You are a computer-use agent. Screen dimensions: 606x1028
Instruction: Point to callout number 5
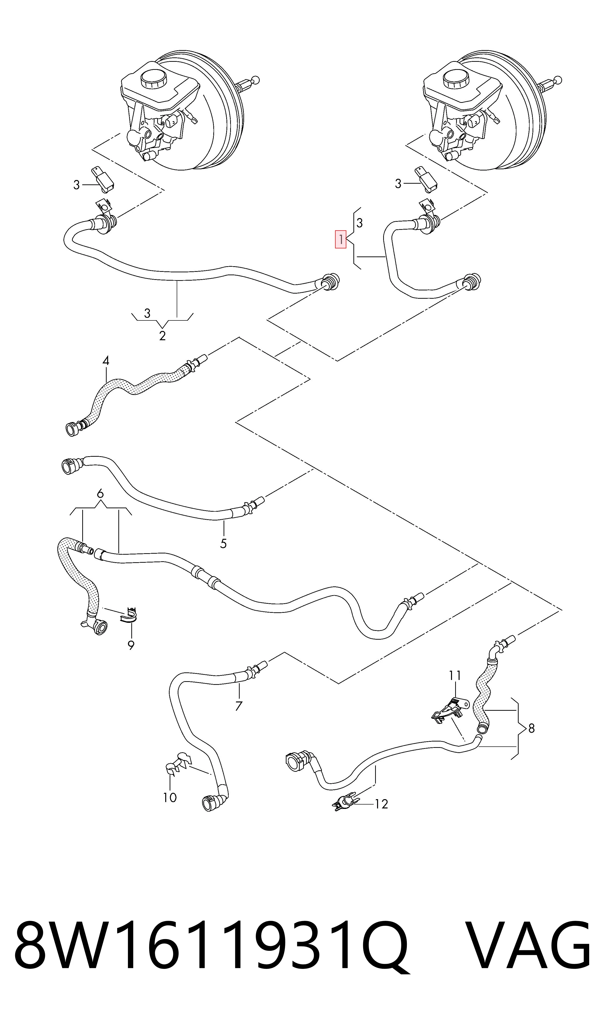223,544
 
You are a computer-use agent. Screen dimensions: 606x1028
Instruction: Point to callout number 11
455,676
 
